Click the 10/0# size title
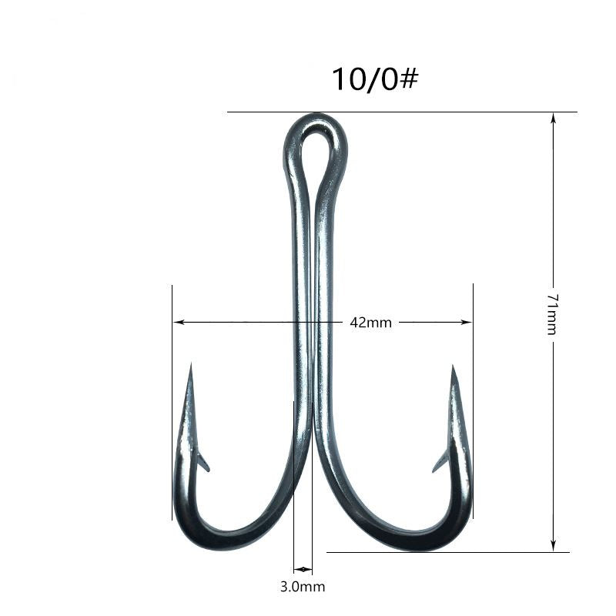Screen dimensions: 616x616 pyautogui.click(x=374, y=79)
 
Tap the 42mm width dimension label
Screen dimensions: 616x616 pyautogui.click(x=370, y=323)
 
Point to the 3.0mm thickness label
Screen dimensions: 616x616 pyautogui.click(x=302, y=587)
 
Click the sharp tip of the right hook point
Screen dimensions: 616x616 pyautogui.click(x=454, y=367)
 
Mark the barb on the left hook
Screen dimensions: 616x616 pyautogui.click(x=203, y=461)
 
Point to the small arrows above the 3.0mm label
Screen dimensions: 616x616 pyautogui.click(x=303, y=570)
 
